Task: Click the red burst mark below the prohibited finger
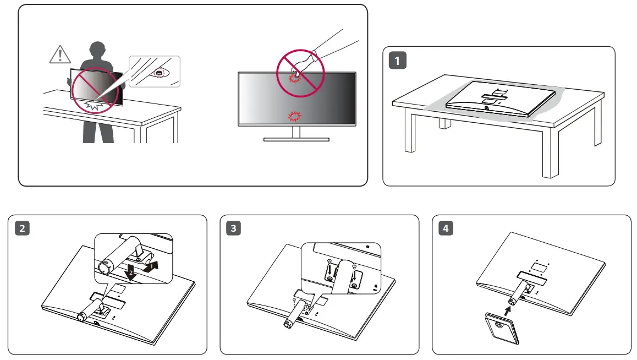click(x=295, y=116)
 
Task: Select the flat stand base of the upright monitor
click(x=296, y=139)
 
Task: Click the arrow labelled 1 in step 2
click(x=154, y=267)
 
